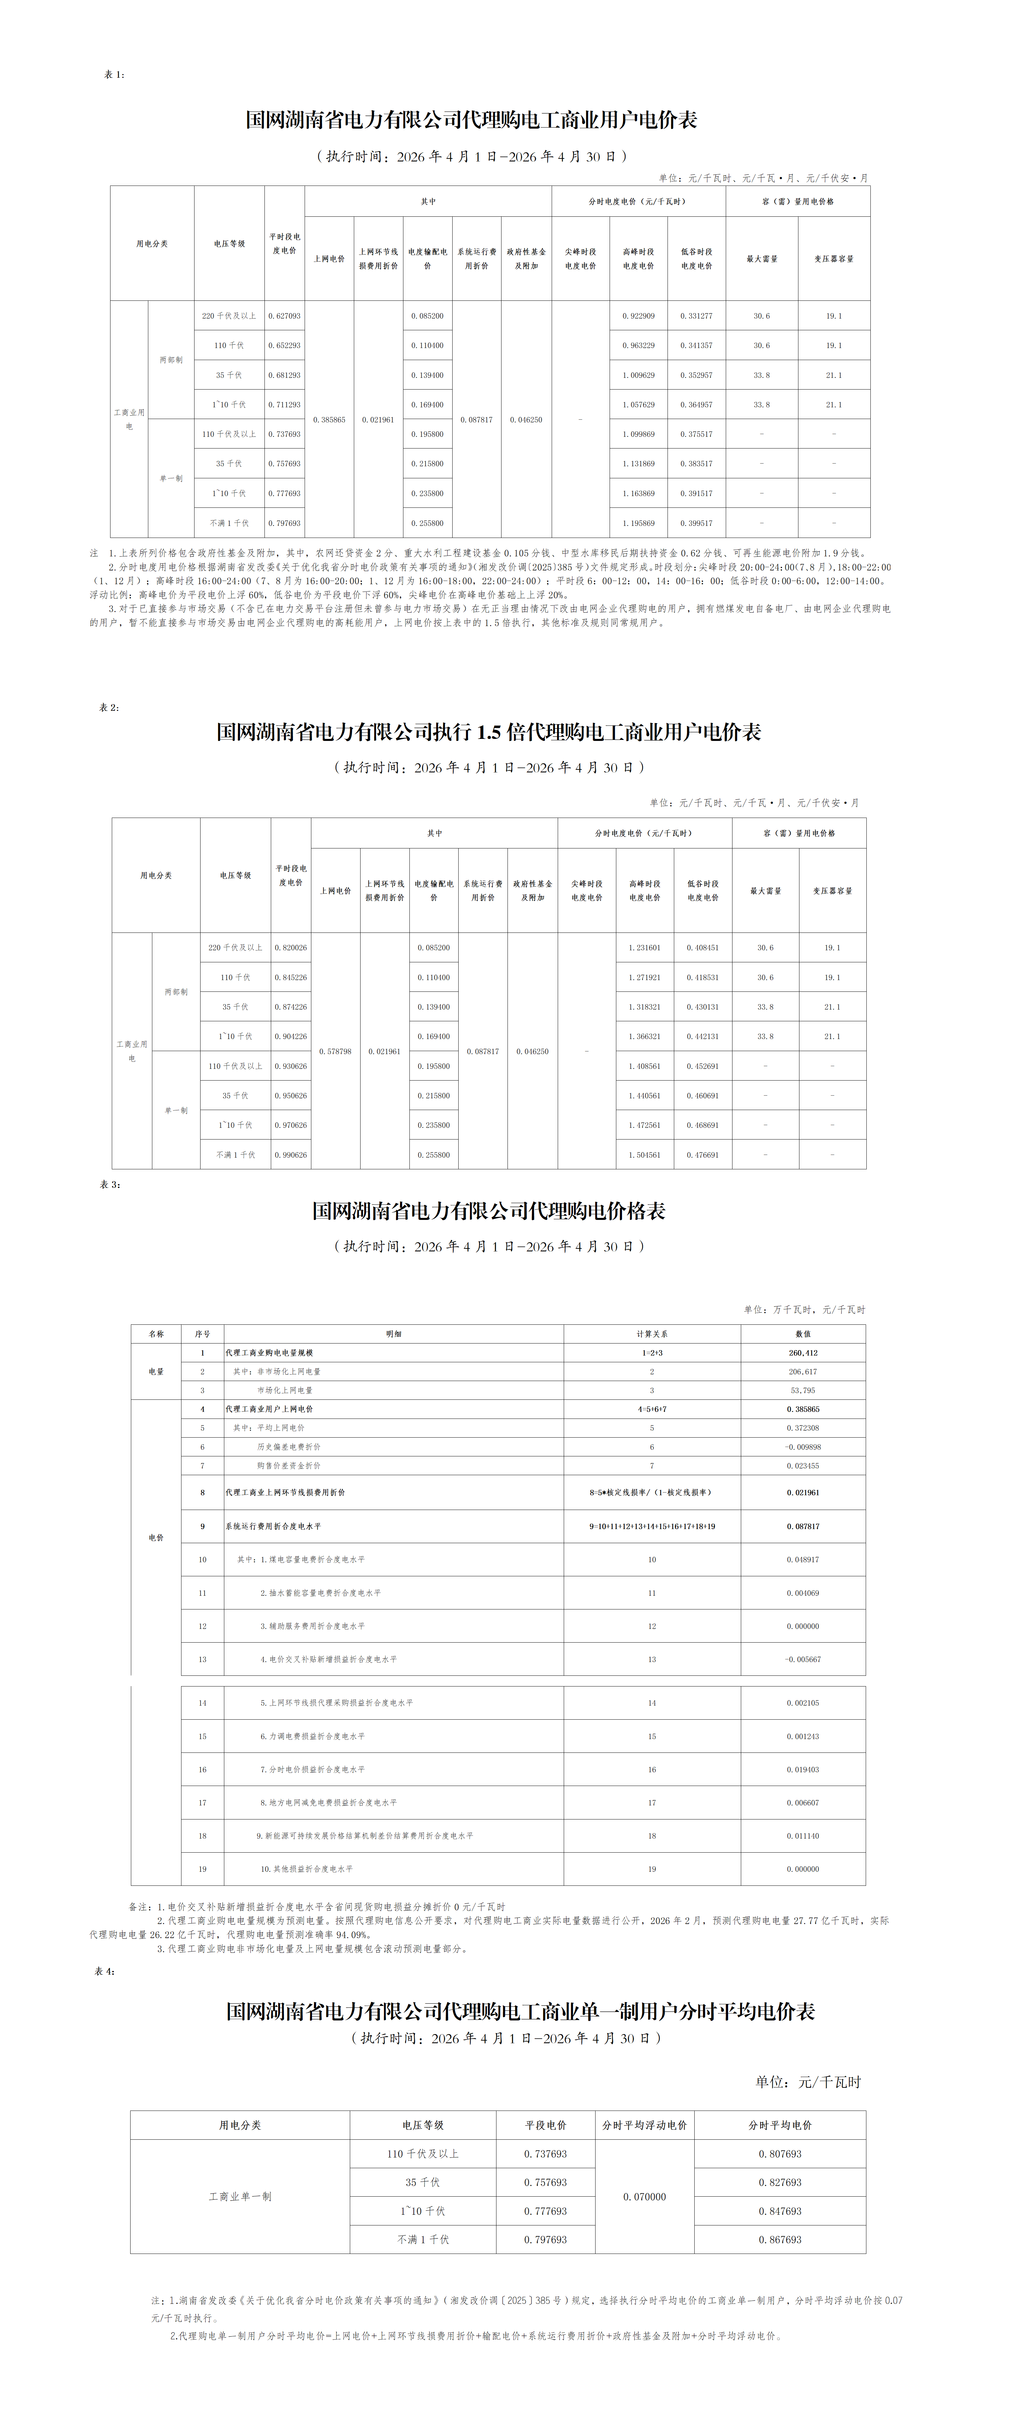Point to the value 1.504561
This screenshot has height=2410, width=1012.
(x=644, y=1155)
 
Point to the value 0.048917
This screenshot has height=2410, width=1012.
(x=802, y=1560)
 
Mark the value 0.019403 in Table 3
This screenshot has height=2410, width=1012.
(x=802, y=1769)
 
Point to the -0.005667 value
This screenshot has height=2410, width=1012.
(x=802, y=1659)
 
